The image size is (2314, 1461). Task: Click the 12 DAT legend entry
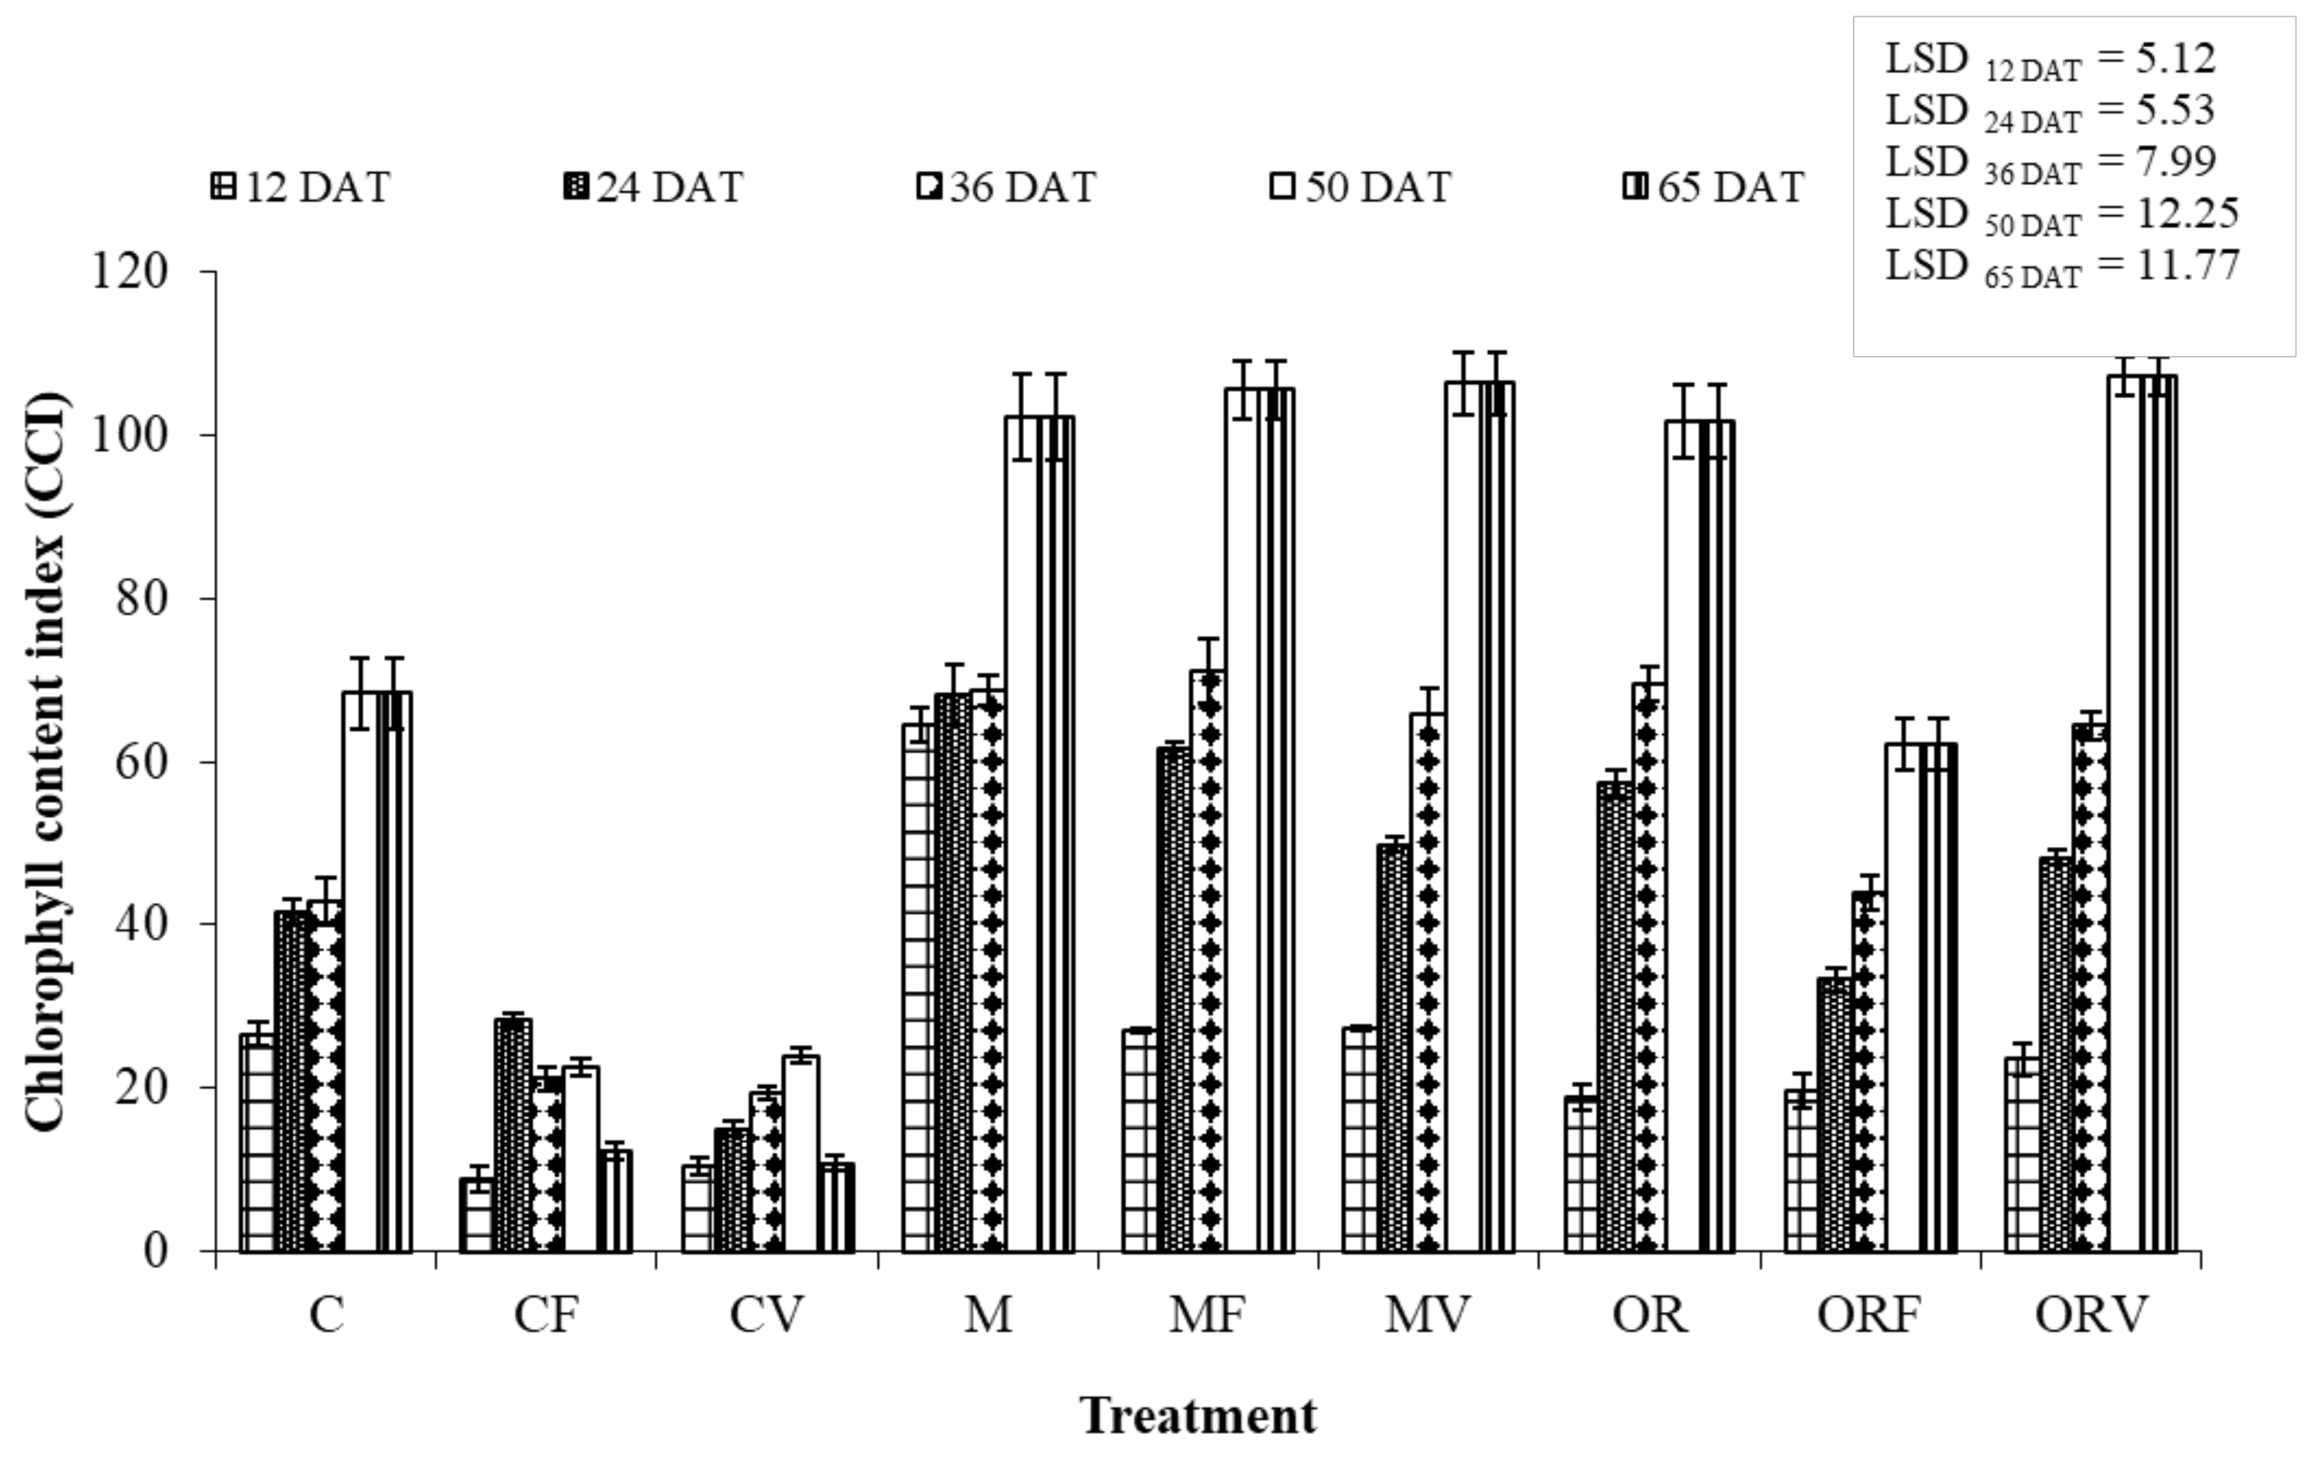click(300, 187)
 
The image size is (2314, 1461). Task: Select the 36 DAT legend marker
click(929, 187)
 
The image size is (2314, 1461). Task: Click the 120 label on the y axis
click(130, 272)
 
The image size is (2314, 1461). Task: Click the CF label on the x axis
click(546, 1315)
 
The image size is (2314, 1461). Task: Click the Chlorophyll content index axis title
click(46, 761)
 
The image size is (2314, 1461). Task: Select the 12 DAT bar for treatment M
click(919, 990)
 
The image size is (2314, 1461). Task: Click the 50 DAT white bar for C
click(360, 971)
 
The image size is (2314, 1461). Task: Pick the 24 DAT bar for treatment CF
click(512, 1134)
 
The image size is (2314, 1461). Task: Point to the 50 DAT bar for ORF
click(1903, 1000)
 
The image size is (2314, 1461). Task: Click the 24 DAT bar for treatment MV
click(1394, 1048)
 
